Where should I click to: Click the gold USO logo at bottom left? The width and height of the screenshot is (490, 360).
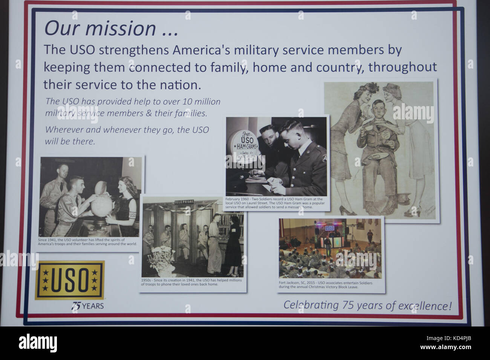(70, 280)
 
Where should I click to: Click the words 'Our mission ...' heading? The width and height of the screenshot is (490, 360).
(111, 28)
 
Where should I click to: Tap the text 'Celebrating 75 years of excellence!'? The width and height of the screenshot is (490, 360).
(367, 305)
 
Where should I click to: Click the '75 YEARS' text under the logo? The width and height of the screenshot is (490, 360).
(87, 306)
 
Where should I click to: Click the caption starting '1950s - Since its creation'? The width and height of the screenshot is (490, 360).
(192, 282)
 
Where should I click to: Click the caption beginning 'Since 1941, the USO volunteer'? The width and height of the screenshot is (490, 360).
(87, 242)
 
